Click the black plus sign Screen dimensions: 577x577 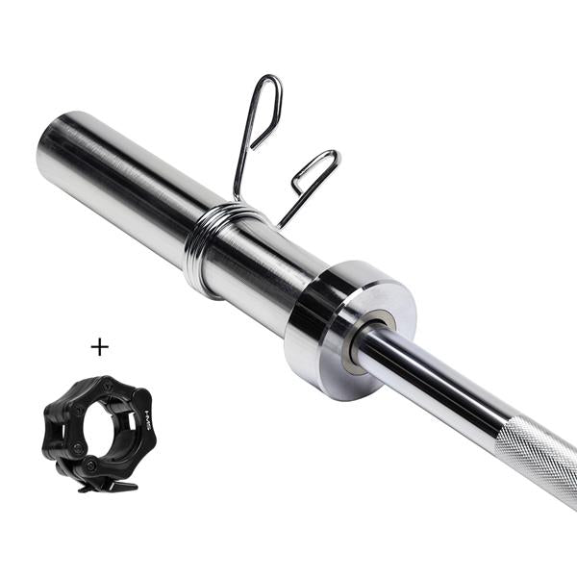point(100,346)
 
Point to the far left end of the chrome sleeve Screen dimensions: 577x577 point(42,154)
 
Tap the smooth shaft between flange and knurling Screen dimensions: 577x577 point(433,385)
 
